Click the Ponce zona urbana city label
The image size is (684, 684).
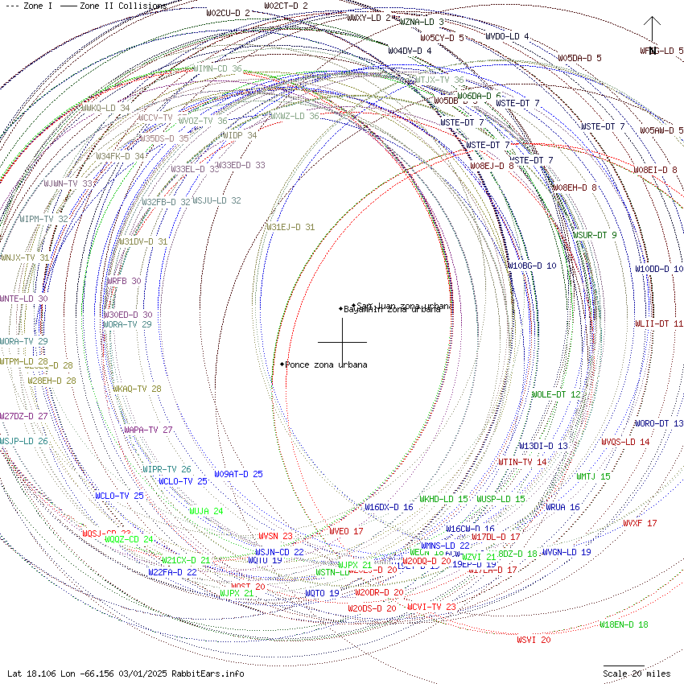(326, 365)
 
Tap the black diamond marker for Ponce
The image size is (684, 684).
(282, 364)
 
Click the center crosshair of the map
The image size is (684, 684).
(343, 342)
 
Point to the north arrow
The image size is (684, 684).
(652, 32)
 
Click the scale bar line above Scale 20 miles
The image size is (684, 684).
(624, 665)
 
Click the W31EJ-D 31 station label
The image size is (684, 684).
(290, 227)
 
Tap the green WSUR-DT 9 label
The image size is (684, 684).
(595, 235)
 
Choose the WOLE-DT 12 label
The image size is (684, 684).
(556, 394)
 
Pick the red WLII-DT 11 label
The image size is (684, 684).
(659, 323)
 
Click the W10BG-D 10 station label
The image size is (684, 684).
(531, 266)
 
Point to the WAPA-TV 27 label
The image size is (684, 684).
(148, 430)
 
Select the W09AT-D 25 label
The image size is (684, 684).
(238, 474)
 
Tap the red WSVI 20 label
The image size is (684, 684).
(534, 640)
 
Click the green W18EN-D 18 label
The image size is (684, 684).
(624, 624)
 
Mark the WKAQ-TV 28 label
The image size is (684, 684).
(137, 389)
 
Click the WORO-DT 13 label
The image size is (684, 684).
(659, 423)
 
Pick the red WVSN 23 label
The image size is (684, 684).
(275, 536)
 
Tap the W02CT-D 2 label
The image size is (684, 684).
(286, 6)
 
